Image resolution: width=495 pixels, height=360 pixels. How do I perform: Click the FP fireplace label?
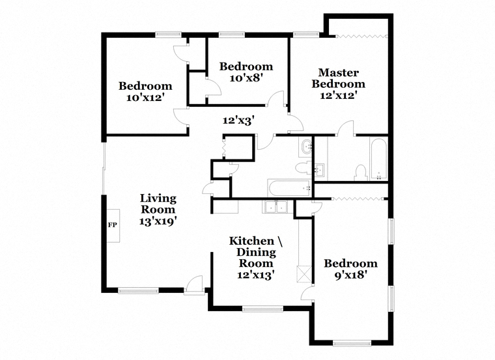pyautogui.click(x=113, y=225)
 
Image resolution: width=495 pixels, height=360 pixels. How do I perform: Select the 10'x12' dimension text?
pyautogui.click(x=145, y=98)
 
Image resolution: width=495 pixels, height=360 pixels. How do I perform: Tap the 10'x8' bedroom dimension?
pyautogui.click(x=247, y=78)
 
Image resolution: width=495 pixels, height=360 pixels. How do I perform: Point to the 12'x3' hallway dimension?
pyautogui.click(x=238, y=120)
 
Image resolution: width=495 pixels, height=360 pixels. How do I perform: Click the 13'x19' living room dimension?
pyautogui.click(x=158, y=221)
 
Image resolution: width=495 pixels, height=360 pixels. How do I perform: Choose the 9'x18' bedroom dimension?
pyautogui.click(x=350, y=275)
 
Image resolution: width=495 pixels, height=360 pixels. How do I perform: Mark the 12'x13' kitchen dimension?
pyautogui.click(x=255, y=275)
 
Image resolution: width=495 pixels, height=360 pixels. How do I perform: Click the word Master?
pyautogui.click(x=339, y=72)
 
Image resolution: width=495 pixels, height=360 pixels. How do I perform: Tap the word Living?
pyautogui.click(x=158, y=199)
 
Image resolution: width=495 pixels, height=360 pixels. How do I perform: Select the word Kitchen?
pyautogui.click(x=251, y=241)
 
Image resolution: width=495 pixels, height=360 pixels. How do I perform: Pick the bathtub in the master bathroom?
pyautogui.click(x=378, y=159)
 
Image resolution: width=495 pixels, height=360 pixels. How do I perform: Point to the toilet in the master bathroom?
pyautogui.click(x=360, y=173)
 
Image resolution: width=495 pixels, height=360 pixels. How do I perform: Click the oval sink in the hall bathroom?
pyautogui.click(x=306, y=147)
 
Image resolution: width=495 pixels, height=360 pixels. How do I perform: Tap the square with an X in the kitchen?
pyautogui.click(x=304, y=274)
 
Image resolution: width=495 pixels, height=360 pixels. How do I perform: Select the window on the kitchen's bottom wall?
pyautogui.click(x=262, y=309)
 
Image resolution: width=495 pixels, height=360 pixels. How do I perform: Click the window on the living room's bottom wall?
pyautogui.click(x=138, y=291)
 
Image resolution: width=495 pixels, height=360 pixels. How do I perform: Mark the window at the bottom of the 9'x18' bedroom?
pyautogui.click(x=352, y=344)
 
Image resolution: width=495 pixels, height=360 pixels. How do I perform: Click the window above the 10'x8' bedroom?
pyautogui.click(x=232, y=35)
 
